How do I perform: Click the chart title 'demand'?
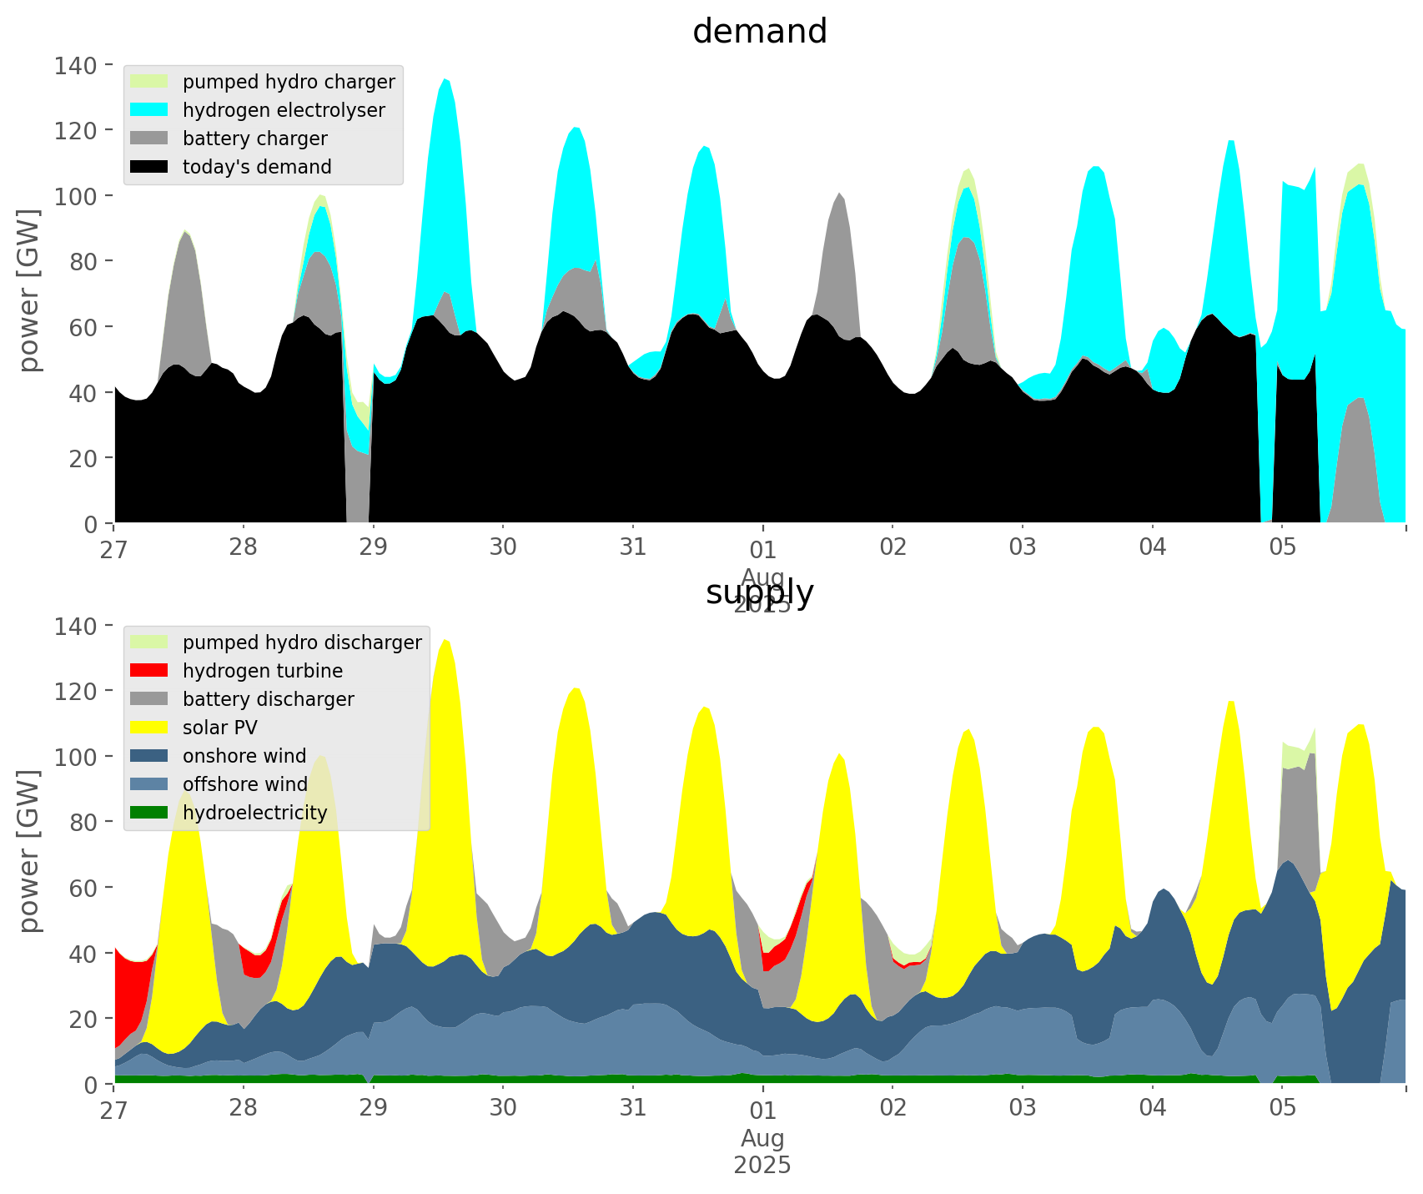pos(759,32)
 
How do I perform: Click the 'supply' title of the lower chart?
pos(759,592)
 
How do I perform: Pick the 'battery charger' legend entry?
pos(254,139)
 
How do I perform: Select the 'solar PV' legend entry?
pos(220,728)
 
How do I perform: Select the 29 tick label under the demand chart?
pos(373,547)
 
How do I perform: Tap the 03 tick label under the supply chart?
pos(1023,1108)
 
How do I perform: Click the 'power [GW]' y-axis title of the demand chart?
pos(29,290)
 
